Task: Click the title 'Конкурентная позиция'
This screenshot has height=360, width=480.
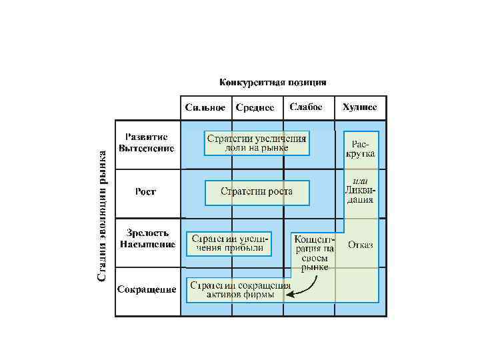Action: pyautogui.click(x=273, y=83)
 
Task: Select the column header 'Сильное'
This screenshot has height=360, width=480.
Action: pyautogui.click(x=205, y=107)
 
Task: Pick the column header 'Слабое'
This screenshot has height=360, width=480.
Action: pyautogui.click(x=307, y=107)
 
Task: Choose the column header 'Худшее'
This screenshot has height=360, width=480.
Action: pyautogui.click(x=359, y=107)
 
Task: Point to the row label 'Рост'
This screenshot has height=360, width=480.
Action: pyautogui.click(x=145, y=192)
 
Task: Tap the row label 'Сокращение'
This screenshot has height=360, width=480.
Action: pyautogui.click(x=147, y=289)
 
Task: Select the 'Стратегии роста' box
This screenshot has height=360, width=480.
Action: pyautogui.click(x=257, y=192)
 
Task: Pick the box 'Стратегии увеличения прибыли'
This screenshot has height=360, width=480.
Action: pyautogui.click(x=229, y=243)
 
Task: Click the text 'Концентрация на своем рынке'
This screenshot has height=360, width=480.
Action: pyautogui.click(x=314, y=252)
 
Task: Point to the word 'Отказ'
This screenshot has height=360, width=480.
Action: pyautogui.click(x=360, y=245)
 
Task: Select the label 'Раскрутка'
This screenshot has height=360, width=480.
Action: pyautogui.click(x=360, y=149)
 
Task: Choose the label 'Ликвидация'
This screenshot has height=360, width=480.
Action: pyautogui.click(x=360, y=194)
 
